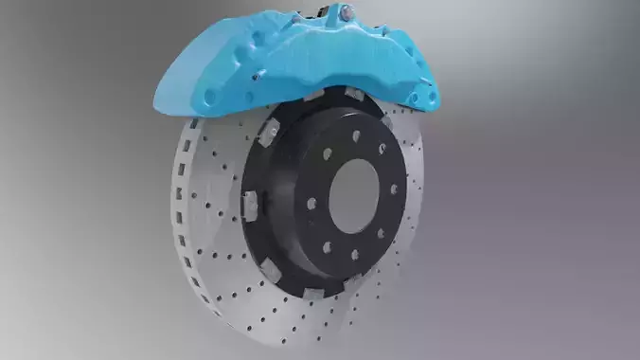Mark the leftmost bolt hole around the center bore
(311, 202)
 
